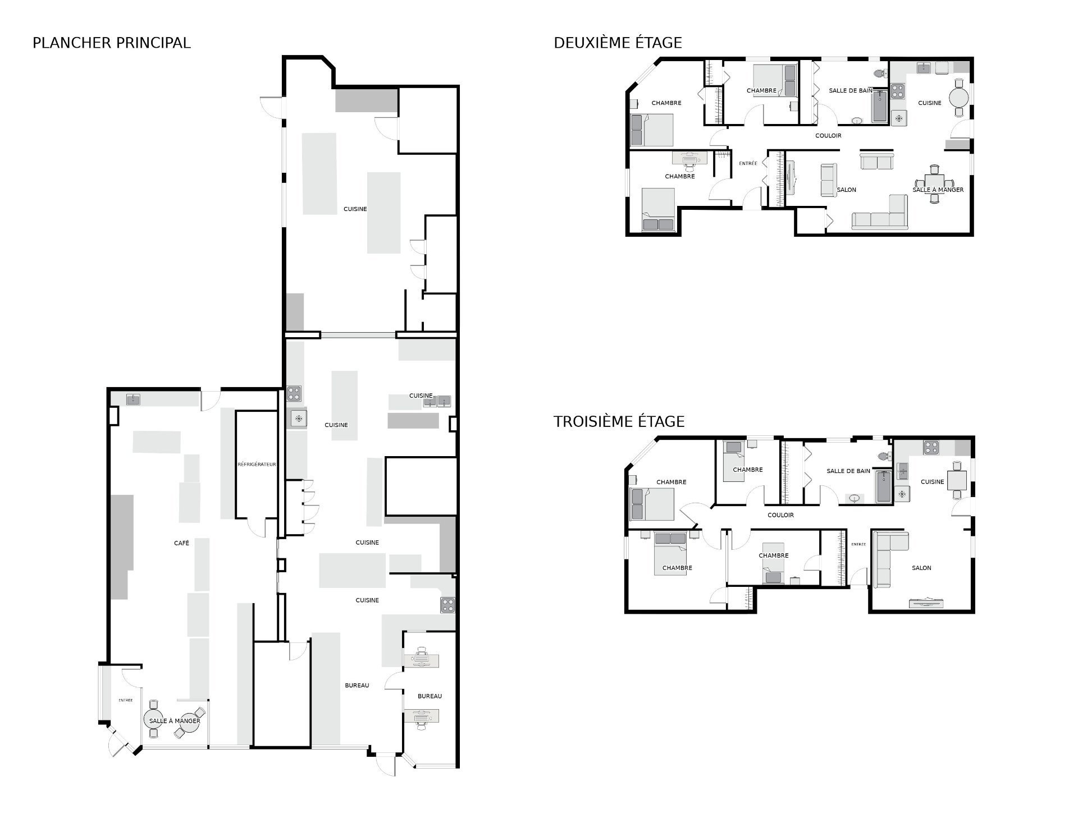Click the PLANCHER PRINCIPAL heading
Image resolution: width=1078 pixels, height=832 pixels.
(x=112, y=43)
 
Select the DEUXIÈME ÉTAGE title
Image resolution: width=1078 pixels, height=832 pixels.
(x=618, y=43)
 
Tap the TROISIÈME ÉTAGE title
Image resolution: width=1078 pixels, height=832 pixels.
(x=619, y=421)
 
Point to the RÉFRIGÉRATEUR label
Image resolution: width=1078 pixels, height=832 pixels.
(x=257, y=465)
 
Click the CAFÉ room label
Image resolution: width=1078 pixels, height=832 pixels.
(x=181, y=543)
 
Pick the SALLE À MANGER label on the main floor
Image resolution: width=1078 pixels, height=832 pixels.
(x=175, y=721)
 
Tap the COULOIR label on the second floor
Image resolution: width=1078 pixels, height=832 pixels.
(x=828, y=136)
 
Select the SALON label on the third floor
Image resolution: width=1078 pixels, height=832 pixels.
(x=921, y=568)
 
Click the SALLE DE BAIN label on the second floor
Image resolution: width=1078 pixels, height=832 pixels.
(x=851, y=90)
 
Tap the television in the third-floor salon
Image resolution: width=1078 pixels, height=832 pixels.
(x=927, y=603)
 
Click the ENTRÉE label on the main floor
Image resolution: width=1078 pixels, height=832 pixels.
(x=126, y=700)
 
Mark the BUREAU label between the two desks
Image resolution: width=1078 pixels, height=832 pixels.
(x=430, y=696)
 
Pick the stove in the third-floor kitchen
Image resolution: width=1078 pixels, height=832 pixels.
(x=931, y=448)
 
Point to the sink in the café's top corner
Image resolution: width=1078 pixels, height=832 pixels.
(x=133, y=399)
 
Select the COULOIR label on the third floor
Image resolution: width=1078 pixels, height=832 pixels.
(x=781, y=515)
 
